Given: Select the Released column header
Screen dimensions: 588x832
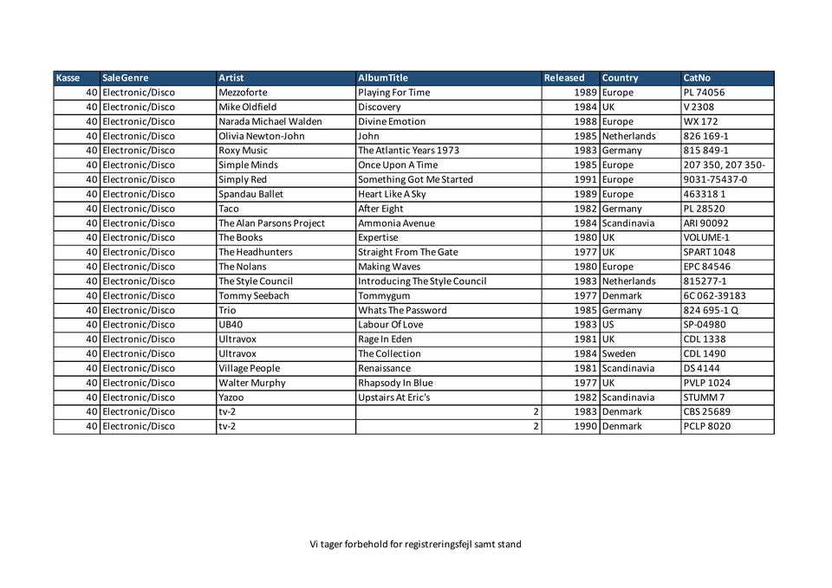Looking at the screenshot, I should pyautogui.click(x=564, y=78).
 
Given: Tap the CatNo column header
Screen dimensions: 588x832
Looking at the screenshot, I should pyautogui.click(x=697, y=78).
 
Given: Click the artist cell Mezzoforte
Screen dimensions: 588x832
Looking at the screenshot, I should pyautogui.click(x=243, y=93).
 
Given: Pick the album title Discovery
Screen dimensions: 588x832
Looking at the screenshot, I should pyautogui.click(x=380, y=107).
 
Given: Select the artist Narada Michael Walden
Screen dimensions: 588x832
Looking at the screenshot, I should pyautogui.click(x=270, y=122).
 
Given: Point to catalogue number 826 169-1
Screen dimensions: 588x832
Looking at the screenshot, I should pyautogui.click(x=705, y=136).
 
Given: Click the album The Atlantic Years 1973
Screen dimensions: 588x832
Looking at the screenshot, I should pyautogui.click(x=408, y=151).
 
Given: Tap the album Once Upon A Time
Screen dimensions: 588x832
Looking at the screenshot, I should pyautogui.click(x=398, y=165).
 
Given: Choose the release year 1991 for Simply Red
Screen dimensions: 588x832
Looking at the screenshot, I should pyautogui.click(x=586, y=180).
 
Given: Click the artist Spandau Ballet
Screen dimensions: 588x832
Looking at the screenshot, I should pyautogui.click(x=250, y=194).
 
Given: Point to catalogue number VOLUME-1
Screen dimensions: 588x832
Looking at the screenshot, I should pyautogui.click(x=706, y=237).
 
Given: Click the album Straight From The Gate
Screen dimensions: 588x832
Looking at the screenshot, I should pyautogui.click(x=407, y=252).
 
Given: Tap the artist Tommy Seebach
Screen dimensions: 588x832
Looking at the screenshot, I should pyautogui.click(x=253, y=295).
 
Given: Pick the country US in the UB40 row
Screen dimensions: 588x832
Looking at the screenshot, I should pyautogui.click(x=608, y=325).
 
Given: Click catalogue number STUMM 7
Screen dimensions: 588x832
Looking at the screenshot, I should pyautogui.click(x=704, y=397).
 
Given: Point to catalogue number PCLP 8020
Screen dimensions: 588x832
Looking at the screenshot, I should pyautogui.click(x=706, y=426).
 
